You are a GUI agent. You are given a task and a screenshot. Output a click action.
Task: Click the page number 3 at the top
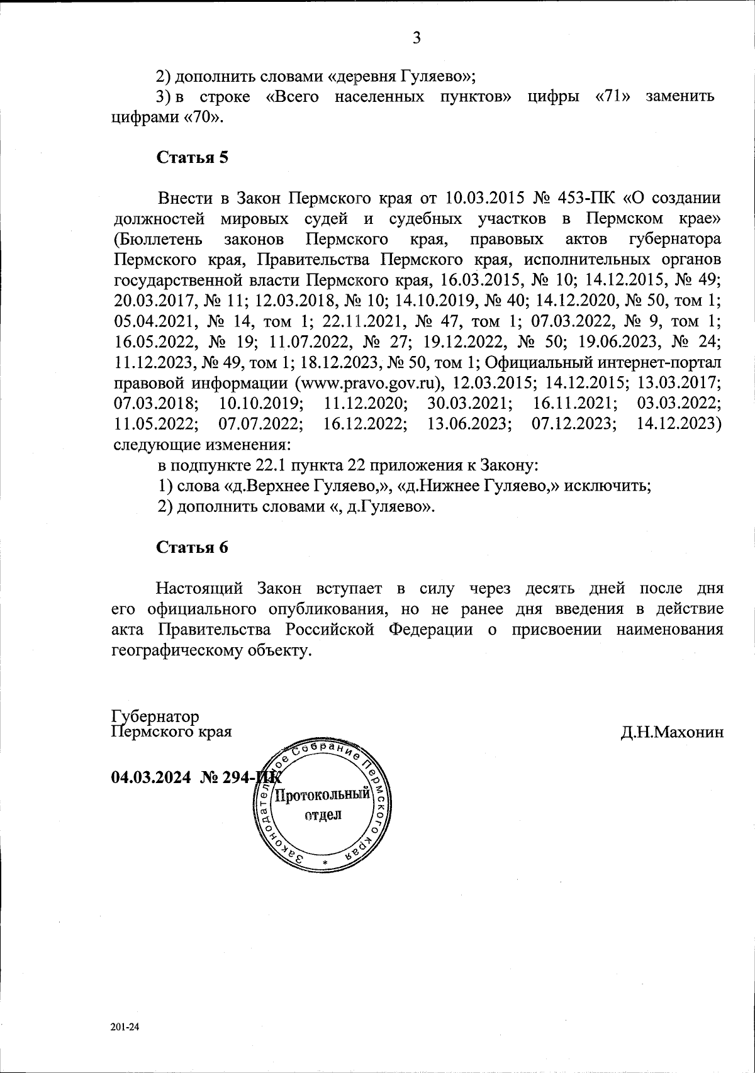[x=416, y=38]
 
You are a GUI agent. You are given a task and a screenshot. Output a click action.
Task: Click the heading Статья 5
[x=192, y=157]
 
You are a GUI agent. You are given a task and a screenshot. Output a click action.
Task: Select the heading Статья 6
[x=192, y=547]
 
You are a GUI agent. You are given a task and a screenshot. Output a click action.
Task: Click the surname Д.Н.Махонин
[x=671, y=732]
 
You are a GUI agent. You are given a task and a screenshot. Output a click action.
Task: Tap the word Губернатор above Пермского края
[x=155, y=717]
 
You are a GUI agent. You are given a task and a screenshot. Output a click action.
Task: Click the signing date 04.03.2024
[x=150, y=777]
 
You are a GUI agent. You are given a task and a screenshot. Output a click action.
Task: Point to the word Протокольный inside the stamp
[x=322, y=794]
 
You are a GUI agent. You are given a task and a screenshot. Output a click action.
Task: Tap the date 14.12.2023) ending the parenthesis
[x=679, y=423]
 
